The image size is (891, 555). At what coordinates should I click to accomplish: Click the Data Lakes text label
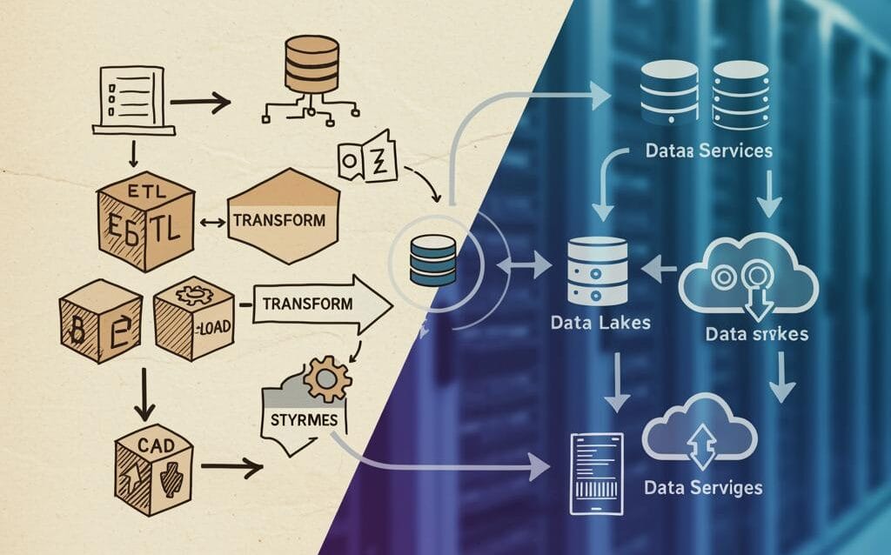tap(600, 323)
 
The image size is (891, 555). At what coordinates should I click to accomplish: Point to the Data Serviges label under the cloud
tap(703, 487)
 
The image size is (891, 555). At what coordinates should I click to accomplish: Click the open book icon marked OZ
tap(367, 157)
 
